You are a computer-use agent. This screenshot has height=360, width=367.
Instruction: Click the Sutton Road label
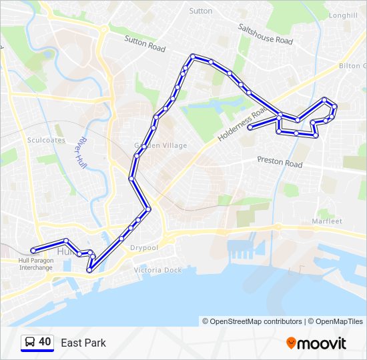click(x=145, y=43)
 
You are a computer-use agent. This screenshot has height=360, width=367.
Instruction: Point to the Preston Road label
click(x=280, y=162)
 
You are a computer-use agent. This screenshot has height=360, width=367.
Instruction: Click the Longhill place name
click(x=343, y=15)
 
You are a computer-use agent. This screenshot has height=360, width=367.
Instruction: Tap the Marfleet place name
click(x=326, y=221)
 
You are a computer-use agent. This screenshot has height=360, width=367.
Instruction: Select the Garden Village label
click(x=161, y=145)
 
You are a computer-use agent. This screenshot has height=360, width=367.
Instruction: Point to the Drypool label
click(x=143, y=247)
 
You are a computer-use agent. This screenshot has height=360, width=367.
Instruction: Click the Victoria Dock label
click(x=157, y=270)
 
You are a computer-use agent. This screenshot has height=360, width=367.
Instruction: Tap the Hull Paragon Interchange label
click(x=35, y=263)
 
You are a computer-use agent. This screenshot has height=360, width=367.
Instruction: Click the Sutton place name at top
click(x=200, y=11)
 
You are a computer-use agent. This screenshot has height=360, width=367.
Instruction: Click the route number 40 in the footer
click(x=45, y=343)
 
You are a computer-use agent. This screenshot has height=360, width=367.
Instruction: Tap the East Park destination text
click(x=83, y=343)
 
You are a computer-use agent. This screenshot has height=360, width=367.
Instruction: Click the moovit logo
click(x=316, y=343)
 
